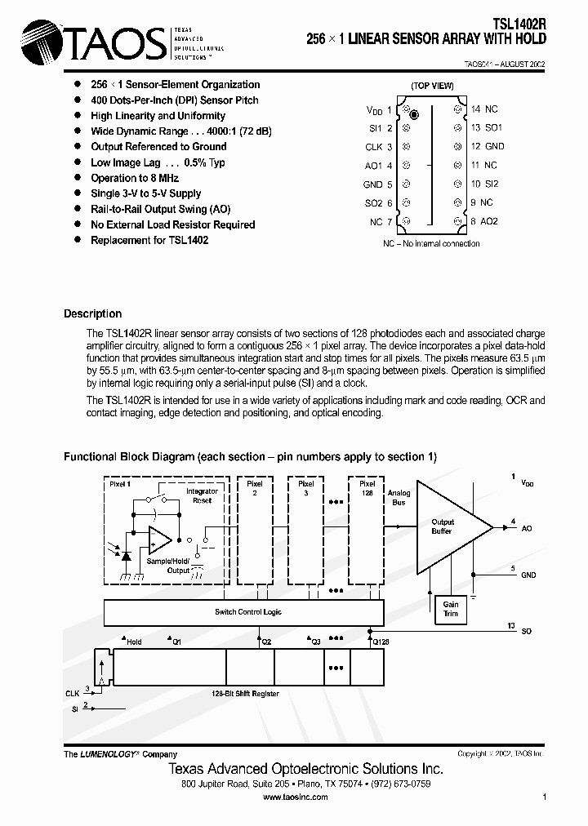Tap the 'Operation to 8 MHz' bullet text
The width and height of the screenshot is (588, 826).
tap(135, 178)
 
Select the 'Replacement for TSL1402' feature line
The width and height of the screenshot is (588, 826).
tap(149, 240)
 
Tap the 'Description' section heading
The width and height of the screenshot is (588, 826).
tap(92, 313)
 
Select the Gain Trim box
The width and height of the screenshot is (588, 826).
tap(451, 609)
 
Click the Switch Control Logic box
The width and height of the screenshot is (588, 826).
tap(243, 612)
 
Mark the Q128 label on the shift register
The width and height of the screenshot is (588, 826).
tap(380, 642)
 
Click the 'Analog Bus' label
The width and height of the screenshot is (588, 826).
tap(399, 498)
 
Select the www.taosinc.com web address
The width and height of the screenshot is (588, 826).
tap(296, 797)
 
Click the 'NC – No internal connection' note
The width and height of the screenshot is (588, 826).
tap(431, 244)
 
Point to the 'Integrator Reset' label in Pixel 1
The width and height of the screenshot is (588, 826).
tap(202, 495)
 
